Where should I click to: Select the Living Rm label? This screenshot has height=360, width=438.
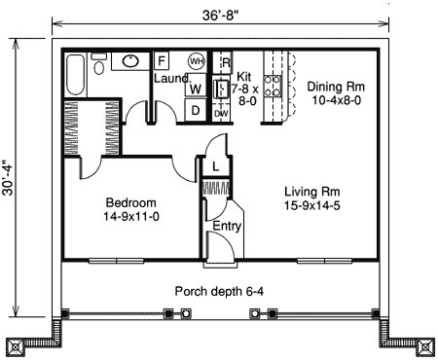(x=311, y=191)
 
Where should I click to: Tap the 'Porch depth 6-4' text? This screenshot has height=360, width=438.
(x=220, y=291)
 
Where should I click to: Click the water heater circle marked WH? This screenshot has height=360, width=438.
(x=197, y=61)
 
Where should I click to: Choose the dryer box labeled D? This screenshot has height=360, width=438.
(x=195, y=110)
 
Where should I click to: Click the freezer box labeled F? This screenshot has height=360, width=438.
(x=162, y=60)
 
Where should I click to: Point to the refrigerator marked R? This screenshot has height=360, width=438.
(x=225, y=64)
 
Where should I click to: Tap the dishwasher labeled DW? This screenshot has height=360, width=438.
(x=221, y=113)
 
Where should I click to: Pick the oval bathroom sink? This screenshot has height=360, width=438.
(x=128, y=60)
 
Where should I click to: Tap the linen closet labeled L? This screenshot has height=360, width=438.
(x=215, y=166)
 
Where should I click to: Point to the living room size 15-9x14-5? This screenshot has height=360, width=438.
(x=311, y=206)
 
